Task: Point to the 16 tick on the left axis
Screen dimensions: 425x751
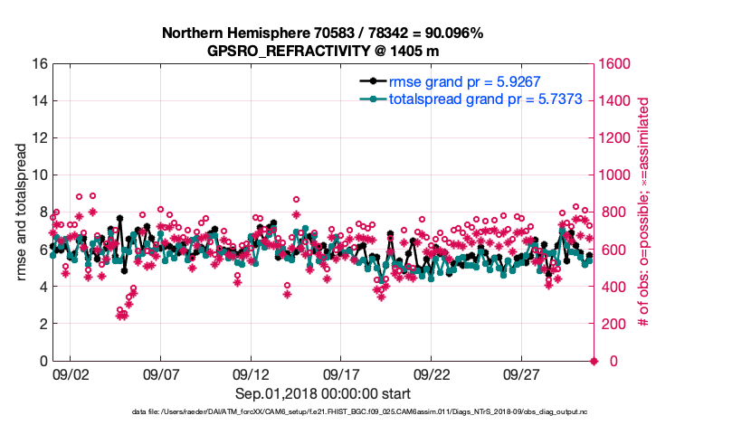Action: [x=39, y=64]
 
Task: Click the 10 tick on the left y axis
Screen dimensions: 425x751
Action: [x=39, y=175]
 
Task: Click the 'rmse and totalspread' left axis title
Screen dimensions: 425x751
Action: [x=21, y=212]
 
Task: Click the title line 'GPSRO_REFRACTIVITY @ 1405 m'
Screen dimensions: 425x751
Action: [x=322, y=50]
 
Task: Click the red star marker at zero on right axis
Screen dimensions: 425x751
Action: [x=594, y=361]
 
